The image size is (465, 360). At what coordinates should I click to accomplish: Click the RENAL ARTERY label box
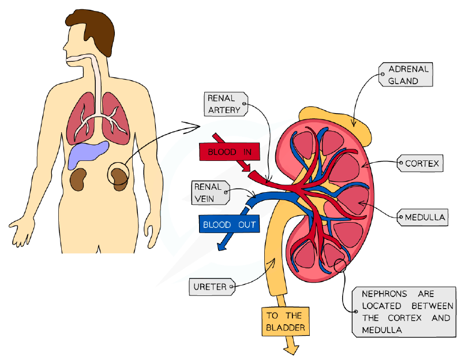click(x=226, y=104)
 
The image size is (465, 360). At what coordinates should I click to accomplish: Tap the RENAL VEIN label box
click(x=211, y=193)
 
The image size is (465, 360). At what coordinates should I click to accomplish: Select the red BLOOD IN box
click(x=230, y=152)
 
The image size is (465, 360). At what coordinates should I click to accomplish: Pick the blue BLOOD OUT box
click(x=229, y=224)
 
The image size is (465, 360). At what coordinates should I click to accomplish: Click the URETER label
click(x=212, y=287)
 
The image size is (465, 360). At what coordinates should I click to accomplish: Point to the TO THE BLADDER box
click(x=285, y=321)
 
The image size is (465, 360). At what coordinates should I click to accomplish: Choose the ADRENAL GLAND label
click(x=406, y=74)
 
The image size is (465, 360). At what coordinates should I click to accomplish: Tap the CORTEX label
click(x=420, y=163)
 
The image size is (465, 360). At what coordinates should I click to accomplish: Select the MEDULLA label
click(x=422, y=217)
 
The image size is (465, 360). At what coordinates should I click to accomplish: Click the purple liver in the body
click(x=88, y=154)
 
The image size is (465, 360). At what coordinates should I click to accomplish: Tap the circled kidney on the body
click(x=119, y=177)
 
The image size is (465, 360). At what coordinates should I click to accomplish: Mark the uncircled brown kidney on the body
click(x=78, y=179)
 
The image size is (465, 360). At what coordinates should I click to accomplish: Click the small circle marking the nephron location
click(x=340, y=265)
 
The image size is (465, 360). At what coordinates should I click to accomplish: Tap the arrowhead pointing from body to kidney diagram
click(x=193, y=127)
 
